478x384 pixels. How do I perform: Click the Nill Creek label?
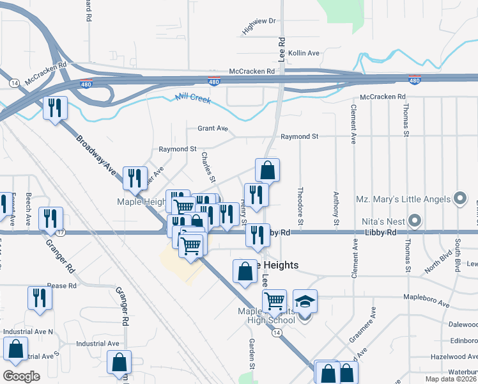coord(192,99)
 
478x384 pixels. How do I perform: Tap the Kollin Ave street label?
coord(304,53)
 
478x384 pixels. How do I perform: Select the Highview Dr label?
coord(258,26)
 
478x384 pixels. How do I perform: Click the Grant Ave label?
coord(212,129)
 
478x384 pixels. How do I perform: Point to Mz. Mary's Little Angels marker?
coord(460,199)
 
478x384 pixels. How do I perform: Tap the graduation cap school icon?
coord(305,301)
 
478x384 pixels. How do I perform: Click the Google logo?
coord(21,376)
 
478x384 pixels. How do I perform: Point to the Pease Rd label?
coord(62,285)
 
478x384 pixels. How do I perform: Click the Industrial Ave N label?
coord(28,332)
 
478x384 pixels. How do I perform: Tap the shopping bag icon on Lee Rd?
coord(268,170)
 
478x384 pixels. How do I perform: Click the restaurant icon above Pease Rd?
coord(40,298)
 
